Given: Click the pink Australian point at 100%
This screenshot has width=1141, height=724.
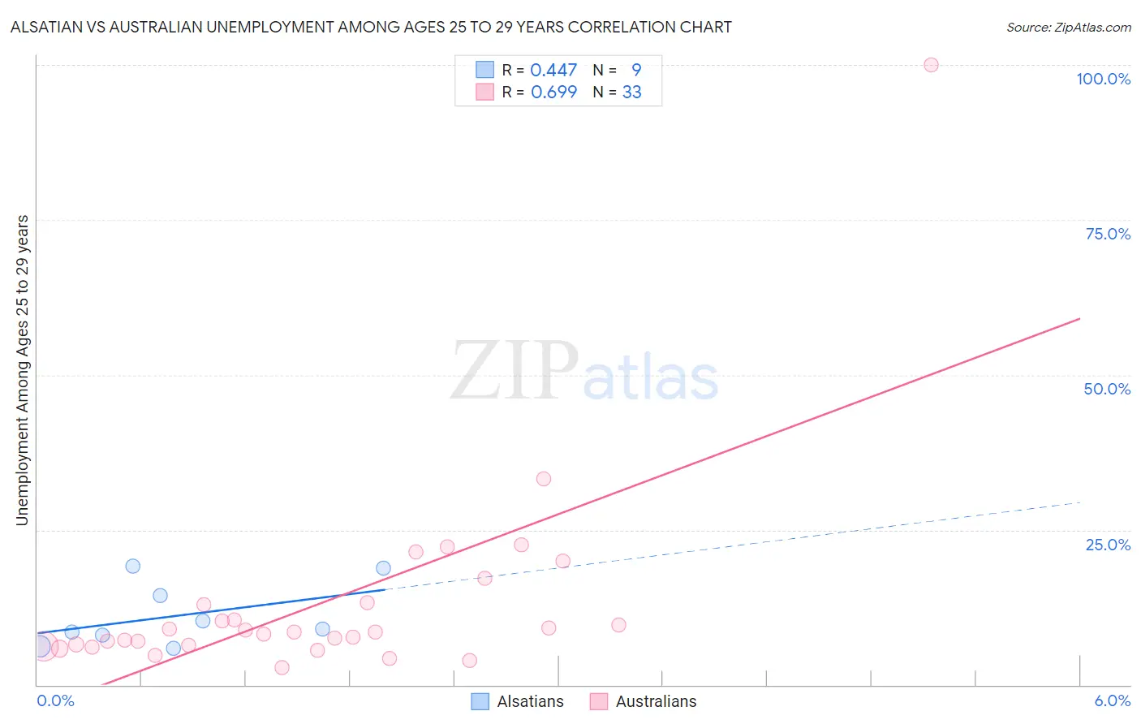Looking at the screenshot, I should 931,65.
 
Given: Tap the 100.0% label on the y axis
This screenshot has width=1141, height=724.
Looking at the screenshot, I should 1103,79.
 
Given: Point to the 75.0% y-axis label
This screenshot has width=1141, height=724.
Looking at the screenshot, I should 1108,234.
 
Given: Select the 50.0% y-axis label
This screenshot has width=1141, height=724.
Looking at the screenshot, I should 1107,389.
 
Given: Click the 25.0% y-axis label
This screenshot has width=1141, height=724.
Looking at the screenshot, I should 1108,545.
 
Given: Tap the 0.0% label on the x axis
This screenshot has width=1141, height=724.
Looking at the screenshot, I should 55,700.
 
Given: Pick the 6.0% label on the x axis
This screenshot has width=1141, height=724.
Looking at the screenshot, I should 1112,700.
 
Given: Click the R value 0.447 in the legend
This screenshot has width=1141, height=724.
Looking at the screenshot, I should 553,71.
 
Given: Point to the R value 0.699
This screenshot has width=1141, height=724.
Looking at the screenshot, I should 553,93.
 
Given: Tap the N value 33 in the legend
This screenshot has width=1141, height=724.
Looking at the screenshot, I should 631,93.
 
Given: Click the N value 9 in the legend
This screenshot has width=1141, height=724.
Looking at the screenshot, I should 636,71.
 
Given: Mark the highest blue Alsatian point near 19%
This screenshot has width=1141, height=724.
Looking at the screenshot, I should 132,566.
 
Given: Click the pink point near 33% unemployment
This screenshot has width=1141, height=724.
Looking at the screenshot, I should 544,479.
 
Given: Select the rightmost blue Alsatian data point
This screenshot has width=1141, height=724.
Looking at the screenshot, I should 383,568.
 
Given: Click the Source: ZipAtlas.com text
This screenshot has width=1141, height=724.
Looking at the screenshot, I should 1068,28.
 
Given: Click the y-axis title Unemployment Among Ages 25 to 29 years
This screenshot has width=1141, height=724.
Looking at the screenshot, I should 22,370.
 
